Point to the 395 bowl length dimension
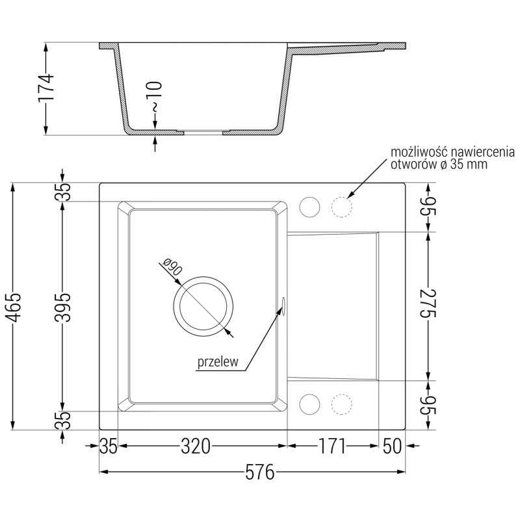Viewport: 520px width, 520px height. click(x=62, y=306)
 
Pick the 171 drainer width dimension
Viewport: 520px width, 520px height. click(x=333, y=447)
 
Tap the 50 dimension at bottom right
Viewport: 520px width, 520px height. click(x=393, y=447)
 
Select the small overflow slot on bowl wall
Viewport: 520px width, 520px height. click(x=284, y=305)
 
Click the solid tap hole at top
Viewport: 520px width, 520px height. click(x=309, y=207)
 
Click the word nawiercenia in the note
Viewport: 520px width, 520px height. click(x=481, y=152)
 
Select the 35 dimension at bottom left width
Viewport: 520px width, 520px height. click(x=109, y=447)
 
